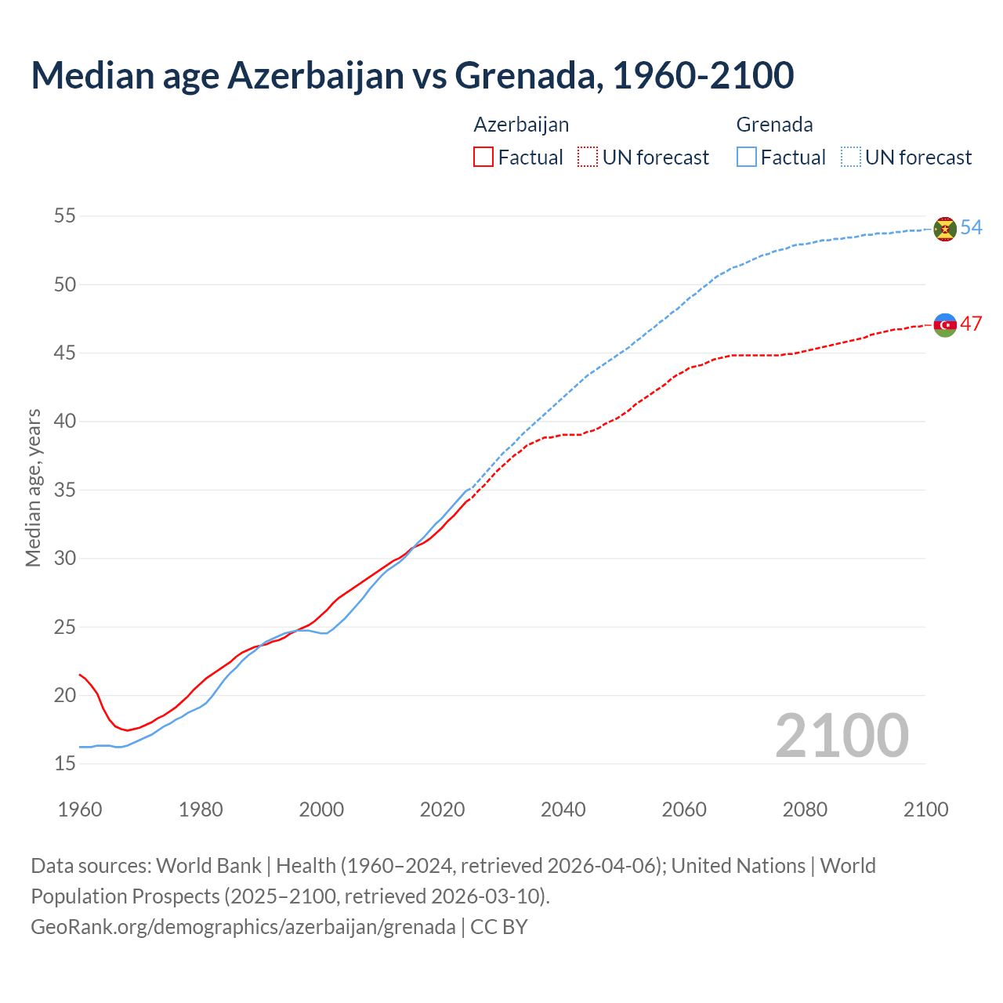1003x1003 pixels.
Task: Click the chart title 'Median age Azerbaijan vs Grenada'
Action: pos(412,75)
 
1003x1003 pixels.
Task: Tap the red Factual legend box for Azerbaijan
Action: pos(483,158)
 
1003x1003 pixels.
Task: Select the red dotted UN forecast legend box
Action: pos(588,158)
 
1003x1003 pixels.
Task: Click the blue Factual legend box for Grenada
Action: pos(747,158)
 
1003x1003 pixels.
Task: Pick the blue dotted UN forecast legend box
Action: pos(850,158)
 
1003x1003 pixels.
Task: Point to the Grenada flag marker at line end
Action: pos(945,229)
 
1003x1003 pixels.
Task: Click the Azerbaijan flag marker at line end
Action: pos(945,324)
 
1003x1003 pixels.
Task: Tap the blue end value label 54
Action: pos(971,227)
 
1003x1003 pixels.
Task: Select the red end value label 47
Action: pos(971,324)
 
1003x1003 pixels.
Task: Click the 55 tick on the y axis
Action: pos(65,216)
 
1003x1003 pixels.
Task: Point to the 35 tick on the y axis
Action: pos(65,491)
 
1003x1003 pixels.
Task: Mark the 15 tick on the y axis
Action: pos(65,764)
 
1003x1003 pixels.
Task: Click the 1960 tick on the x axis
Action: pos(80,809)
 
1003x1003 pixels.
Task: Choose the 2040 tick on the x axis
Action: pos(563,809)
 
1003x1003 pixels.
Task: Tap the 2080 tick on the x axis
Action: pos(805,809)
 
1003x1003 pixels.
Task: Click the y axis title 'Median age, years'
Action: pos(33,487)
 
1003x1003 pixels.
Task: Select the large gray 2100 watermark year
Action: pos(842,736)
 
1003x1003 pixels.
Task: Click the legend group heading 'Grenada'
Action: pos(774,125)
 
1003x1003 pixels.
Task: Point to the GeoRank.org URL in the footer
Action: pos(243,927)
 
